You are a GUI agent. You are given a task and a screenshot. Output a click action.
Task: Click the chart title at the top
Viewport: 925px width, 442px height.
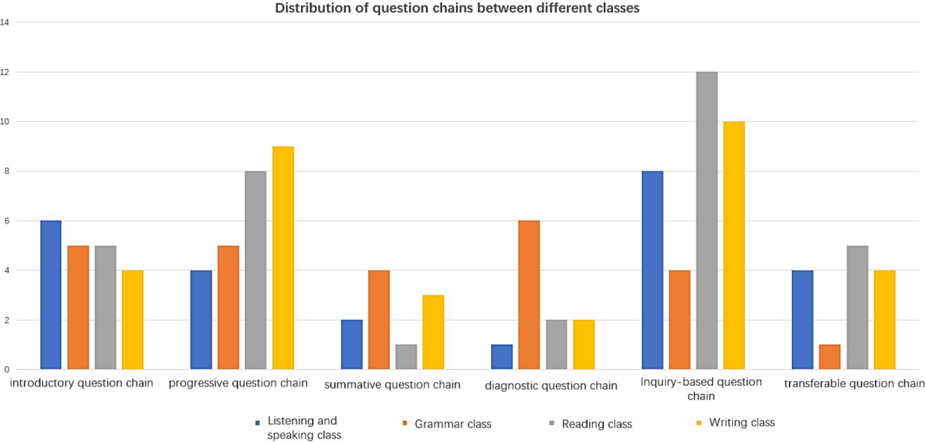coord(457,8)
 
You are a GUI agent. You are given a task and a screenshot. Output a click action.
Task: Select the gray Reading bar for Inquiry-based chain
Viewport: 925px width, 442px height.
coord(706,221)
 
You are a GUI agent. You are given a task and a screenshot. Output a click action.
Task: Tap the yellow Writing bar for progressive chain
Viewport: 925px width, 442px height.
coord(283,258)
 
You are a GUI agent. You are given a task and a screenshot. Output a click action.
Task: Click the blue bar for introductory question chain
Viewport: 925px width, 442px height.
coord(51,295)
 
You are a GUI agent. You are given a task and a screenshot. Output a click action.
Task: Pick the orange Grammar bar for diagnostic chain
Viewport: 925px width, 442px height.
coord(529,295)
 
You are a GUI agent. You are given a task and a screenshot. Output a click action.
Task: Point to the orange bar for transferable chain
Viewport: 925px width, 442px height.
coord(830,357)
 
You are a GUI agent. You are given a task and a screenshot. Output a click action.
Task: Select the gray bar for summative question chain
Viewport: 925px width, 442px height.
coord(406,357)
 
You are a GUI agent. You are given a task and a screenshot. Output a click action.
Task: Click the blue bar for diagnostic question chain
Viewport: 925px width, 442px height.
coord(502,357)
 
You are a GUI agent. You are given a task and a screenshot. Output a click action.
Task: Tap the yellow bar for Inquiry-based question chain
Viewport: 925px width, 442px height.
coord(734,245)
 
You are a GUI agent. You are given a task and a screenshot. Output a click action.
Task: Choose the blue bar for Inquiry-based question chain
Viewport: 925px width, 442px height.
coord(652,270)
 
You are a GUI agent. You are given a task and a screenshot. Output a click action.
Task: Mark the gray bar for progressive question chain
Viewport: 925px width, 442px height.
coord(255,270)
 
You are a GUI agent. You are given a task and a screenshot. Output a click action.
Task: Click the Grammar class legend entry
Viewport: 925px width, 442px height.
coord(452,424)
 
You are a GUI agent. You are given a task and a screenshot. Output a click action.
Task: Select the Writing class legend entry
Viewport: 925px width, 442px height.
coord(741,422)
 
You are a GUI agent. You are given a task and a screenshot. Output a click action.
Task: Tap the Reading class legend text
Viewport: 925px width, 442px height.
coord(597,424)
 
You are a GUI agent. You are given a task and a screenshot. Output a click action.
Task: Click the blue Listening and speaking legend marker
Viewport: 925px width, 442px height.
coord(258,423)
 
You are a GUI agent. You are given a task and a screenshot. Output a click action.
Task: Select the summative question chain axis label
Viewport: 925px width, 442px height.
coord(392,385)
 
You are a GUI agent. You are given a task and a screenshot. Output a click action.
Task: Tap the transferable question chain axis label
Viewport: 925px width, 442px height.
coord(854,384)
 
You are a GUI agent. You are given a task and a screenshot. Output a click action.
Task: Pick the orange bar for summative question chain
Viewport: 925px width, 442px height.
coord(379,320)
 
